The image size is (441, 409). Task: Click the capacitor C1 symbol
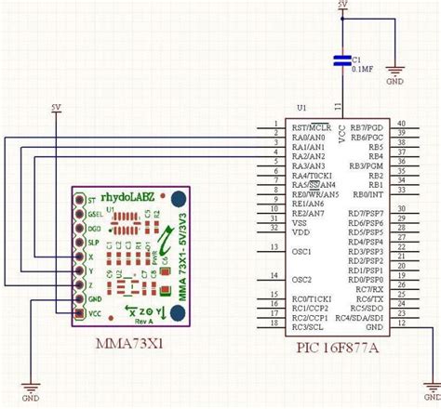(x=343, y=62)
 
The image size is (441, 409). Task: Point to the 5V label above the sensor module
(x=56, y=108)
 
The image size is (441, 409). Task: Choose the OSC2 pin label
(x=301, y=279)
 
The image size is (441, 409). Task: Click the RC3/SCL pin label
(x=307, y=328)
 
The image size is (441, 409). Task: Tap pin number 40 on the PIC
(x=401, y=124)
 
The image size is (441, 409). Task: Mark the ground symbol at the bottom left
(x=30, y=389)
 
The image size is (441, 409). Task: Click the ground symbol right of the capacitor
(x=394, y=70)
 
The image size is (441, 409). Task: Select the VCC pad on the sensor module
(x=80, y=313)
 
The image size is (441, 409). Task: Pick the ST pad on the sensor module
(x=80, y=199)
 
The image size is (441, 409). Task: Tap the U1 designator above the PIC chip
(x=300, y=108)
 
